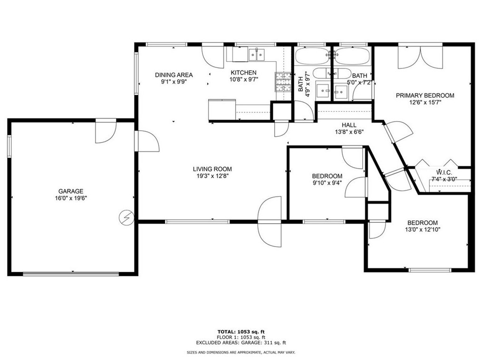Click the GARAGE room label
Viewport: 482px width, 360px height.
point(71,191)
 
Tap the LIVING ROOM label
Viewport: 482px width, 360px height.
point(212,169)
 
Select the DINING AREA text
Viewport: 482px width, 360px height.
point(174,75)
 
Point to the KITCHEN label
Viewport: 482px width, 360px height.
point(243,73)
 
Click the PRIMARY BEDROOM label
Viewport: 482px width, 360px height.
point(425,95)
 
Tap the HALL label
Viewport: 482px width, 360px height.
point(349,125)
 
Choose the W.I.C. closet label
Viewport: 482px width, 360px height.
point(444,173)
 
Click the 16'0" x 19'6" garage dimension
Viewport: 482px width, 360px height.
point(71,199)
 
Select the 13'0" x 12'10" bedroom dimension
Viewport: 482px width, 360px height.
point(423,230)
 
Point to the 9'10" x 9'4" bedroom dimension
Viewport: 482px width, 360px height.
point(327,183)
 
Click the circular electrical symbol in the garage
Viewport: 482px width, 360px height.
point(126,218)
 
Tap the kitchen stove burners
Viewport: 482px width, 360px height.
point(283,82)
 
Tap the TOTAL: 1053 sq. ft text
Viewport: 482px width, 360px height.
point(241,332)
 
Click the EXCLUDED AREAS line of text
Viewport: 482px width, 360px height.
point(241,343)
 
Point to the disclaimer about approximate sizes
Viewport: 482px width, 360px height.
point(241,352)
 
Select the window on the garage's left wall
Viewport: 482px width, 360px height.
point(9,146)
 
